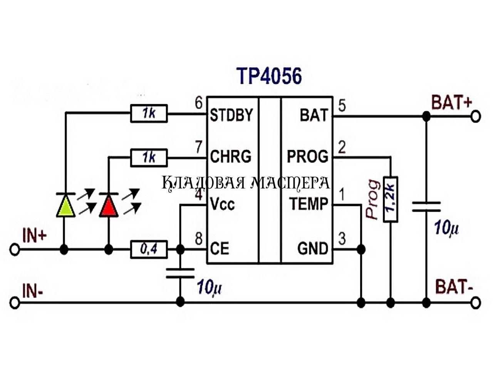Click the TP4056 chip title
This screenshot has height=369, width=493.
click(x=270, y=76)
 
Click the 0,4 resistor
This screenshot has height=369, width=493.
click(x=149, y=250)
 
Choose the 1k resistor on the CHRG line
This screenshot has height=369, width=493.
click(x=149, y=158)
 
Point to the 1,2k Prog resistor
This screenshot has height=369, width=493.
click(x=391, y=199)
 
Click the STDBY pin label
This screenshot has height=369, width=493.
click(x=231, y=115)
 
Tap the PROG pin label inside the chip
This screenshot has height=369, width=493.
click(x=307, y=157)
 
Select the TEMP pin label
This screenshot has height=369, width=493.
click(x=308, y=203)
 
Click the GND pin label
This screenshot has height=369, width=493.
click(x=313, y=249)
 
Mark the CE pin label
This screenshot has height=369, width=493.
click(x=220, y=249)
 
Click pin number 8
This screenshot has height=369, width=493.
click(x=199, y=239)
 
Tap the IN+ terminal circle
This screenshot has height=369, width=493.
click(x=15, y=250)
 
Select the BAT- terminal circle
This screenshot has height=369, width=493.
click(x=476, y=303)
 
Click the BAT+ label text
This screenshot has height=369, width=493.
click(x=452, y=103)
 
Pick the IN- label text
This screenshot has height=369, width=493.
click(x=33, y=291)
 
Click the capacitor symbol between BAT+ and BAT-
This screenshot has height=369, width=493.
click(x=426, y=206)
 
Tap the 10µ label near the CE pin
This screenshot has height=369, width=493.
click(x=210, y=287)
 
